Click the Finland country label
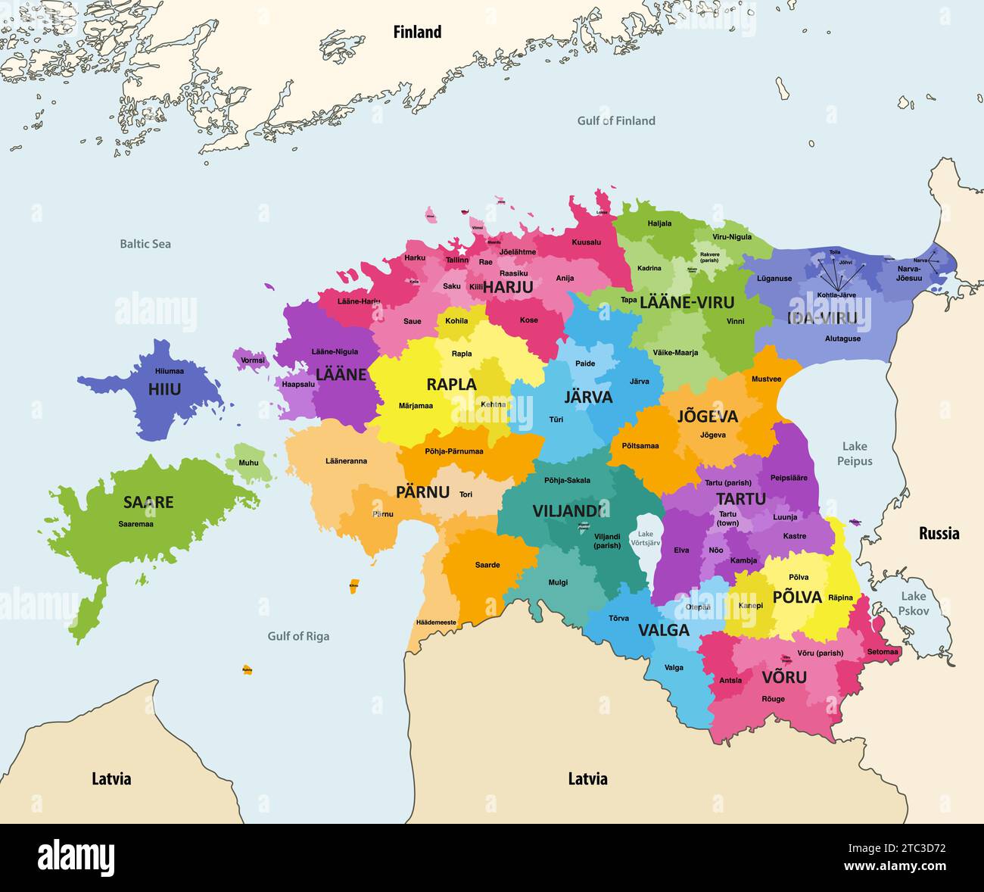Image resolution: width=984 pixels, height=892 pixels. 417,32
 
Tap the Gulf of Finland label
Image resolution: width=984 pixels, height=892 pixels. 616,120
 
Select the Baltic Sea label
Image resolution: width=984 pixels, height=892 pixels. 145,244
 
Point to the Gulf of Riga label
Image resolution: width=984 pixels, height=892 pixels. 298,636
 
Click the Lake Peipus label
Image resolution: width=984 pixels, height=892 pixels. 855,454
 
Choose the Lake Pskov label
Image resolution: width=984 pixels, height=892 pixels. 913,603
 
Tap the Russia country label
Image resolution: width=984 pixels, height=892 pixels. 939,533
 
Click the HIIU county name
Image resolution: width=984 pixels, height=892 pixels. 164,389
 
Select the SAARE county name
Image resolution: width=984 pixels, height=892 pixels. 148,502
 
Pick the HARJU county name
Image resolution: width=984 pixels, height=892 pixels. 508,287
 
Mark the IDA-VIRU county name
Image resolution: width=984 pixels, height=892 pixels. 822,318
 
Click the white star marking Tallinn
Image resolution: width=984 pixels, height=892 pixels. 462,249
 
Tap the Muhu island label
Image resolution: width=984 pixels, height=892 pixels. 248,463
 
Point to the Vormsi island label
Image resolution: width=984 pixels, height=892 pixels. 253,360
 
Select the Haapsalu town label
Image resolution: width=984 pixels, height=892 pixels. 297,384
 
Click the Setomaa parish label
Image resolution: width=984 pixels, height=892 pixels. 883,651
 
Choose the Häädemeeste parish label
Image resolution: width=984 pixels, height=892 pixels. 436,622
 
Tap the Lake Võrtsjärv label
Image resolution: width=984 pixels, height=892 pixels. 646,538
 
